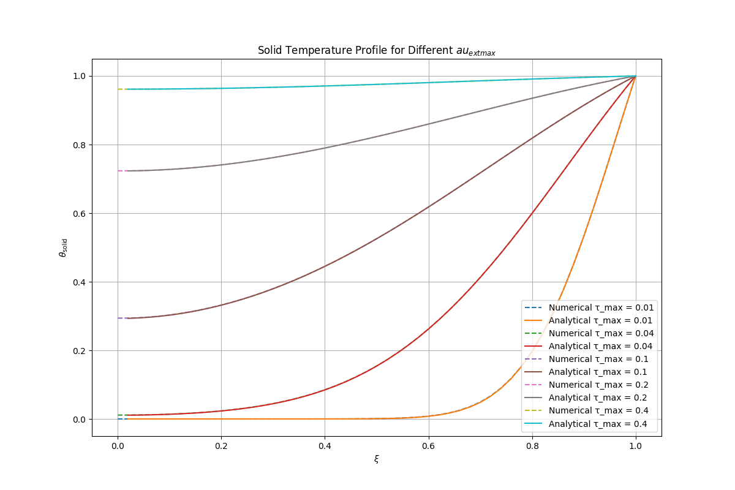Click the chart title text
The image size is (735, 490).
[x=376, y=50]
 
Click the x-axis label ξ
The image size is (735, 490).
[x=376, y=458]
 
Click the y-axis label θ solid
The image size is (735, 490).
[x=62, y=247]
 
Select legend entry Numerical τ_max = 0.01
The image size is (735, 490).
[x=601, y=307]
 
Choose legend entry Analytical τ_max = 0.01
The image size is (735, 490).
[x=601, y=320]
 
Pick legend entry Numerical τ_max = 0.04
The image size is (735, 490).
[x=601, y=333]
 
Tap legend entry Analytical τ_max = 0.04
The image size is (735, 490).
[x=601, y=346]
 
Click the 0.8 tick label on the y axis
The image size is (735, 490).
[x=79, y=145]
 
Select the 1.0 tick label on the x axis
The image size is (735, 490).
[x=636, y=447]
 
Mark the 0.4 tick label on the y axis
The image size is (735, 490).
[x=79, y=282]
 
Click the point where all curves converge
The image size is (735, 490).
[x=635, y=76]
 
